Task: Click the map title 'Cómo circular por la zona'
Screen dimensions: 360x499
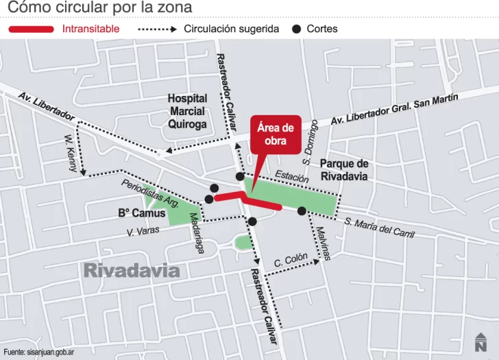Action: click(100, 8)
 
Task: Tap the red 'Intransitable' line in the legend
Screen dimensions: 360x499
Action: click(30, 29)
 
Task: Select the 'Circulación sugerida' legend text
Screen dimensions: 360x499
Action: click(231, 29)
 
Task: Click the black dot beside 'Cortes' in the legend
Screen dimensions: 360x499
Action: click(296, 29)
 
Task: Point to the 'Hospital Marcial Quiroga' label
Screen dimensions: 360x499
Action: click(187, 111)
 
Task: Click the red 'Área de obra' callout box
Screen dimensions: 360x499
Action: click(275, 134)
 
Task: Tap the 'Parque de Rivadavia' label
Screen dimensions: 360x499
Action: click(344, 170)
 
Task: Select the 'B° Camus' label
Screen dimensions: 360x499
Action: click(142, 213)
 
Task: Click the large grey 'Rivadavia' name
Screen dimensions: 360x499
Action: click(132, 270)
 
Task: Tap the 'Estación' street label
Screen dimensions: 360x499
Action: click(293, 176)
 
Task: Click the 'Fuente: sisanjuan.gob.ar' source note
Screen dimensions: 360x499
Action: click(38, 352)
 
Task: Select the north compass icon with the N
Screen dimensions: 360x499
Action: click(480, 341)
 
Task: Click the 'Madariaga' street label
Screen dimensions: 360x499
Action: click(197, 232)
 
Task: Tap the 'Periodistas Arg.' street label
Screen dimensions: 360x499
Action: click(150, 193)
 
